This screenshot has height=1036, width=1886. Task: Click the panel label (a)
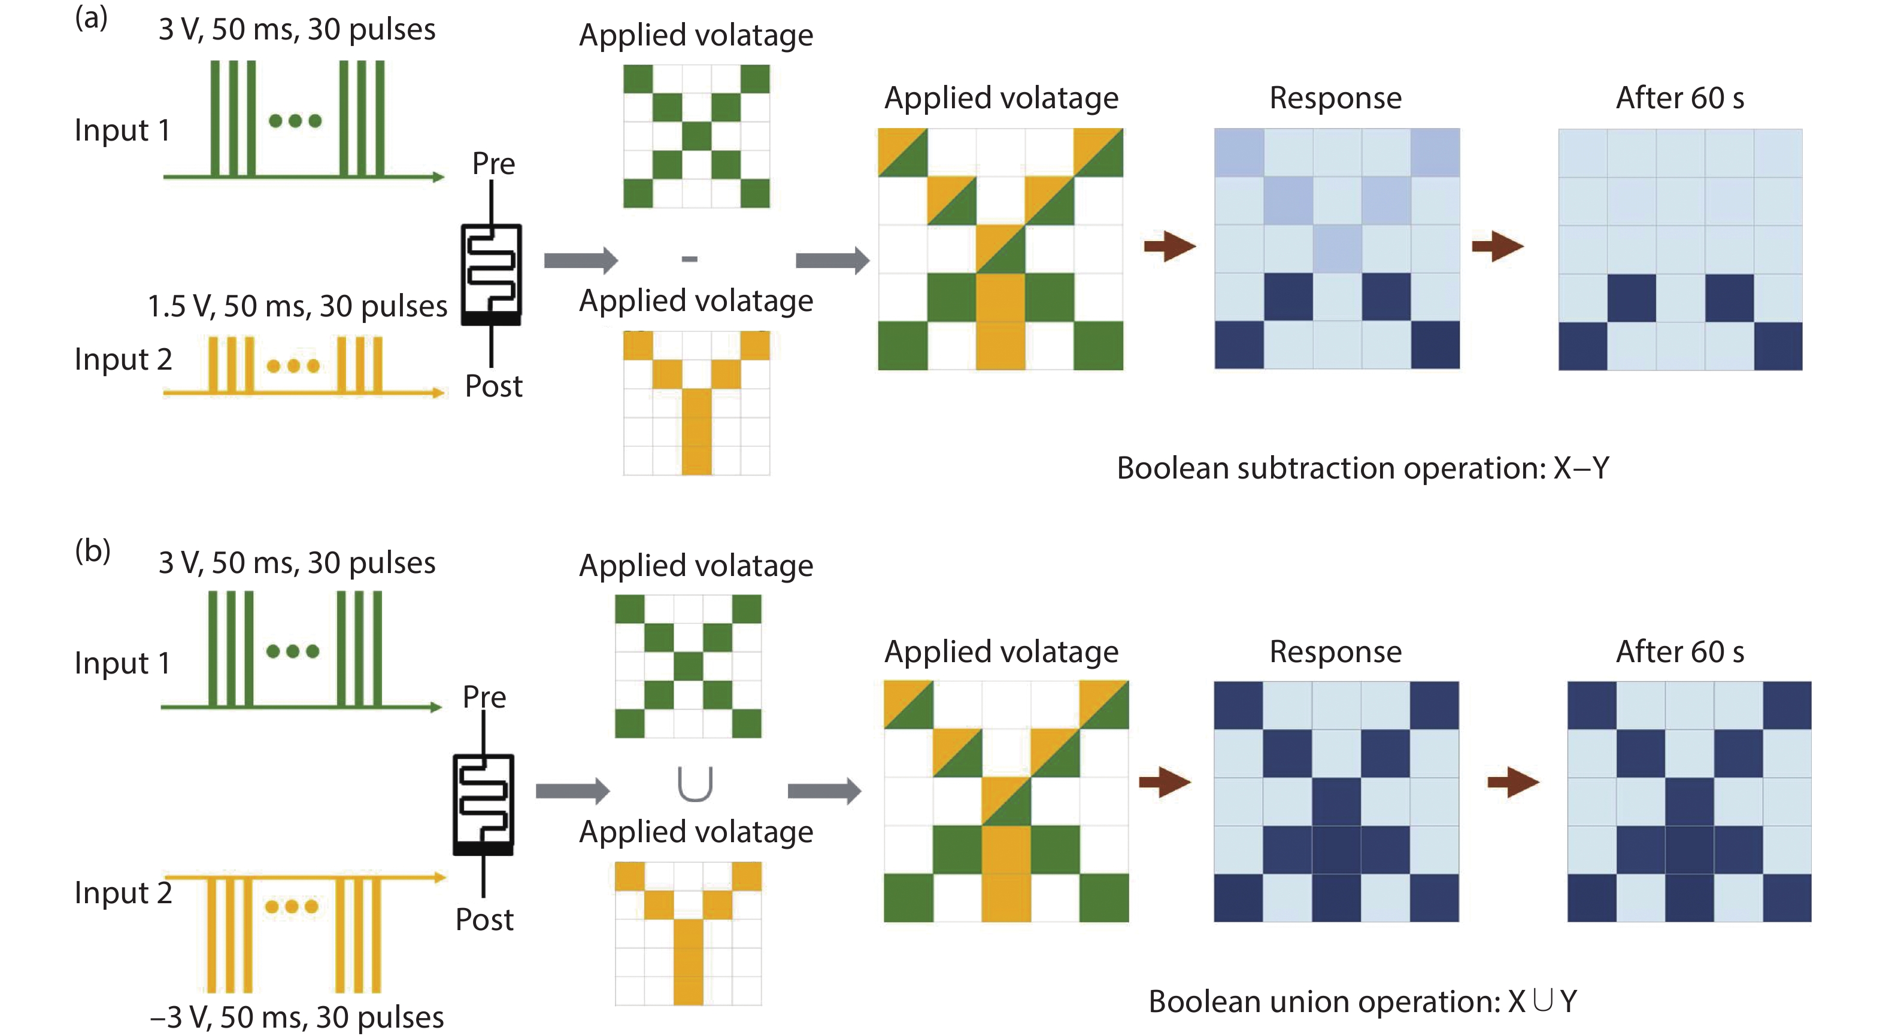pyautogui.click(x=92, y=17)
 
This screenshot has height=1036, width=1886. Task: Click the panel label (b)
pyautogui.click(x=93, y=550)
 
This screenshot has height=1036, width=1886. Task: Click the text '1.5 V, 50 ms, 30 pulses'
pyautogui.click(x=297, y=306)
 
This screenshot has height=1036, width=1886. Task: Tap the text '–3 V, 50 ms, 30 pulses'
pyautogui.click(x=296, y=1017)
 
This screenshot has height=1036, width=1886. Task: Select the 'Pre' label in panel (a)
pyautogui.click(x=493, y=163)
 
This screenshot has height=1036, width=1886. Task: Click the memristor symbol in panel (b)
pyautogui.click(x=483, y=804)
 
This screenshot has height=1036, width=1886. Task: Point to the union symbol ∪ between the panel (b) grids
pyautogui.click(x=694, y=784)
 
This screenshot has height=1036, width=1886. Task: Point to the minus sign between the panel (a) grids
pyautogui.click(x=689, y=258)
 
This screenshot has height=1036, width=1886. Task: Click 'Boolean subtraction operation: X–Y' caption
pyautogui.click(x=1363, y=468)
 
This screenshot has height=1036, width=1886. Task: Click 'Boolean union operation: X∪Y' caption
pyautogui.click(x=1363, y=1001)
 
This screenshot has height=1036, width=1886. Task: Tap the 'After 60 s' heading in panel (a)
pyautogui.click(x=1679, y=98)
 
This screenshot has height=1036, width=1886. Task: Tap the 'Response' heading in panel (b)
pyautogui.click(x=1335, y=651)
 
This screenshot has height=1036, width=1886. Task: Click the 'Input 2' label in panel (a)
pyautogui.click(x=123, y=359)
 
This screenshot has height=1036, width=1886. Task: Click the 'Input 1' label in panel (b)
pyautogui.click(x=122, y=663)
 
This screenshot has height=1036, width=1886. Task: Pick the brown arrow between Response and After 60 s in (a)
pyautogui.click(x=1497, y=246)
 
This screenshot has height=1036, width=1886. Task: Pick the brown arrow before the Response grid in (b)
pyautogui.click(x=1166, y=782)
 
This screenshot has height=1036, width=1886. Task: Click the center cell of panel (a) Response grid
pyautogui.click(x=1337, y=249)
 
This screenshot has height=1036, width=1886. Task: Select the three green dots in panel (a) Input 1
pyautogui.click(x=295, y=121)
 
